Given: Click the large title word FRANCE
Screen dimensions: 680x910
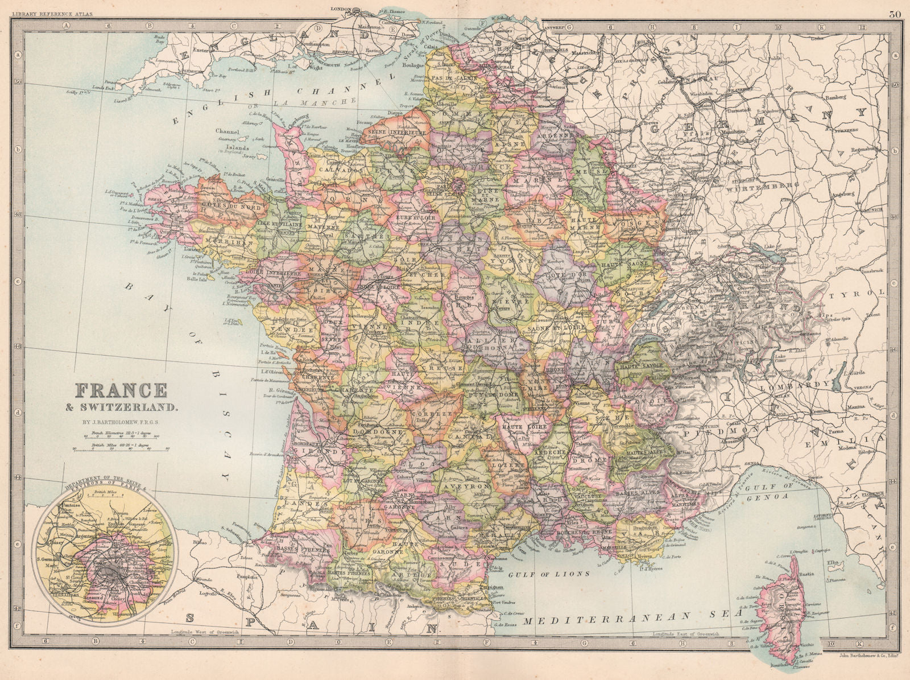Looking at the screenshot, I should (x=121, y=390).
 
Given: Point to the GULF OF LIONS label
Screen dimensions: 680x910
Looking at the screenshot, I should (x=549, y=574).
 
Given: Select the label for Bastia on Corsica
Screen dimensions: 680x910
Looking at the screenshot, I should (x=806, y=575).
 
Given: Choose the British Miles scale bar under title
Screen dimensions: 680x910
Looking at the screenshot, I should (x=122, y=447).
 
